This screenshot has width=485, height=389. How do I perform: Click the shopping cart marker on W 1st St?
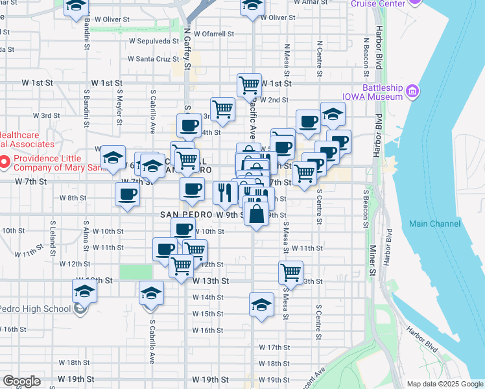249,84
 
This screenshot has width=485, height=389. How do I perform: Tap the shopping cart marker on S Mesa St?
291,272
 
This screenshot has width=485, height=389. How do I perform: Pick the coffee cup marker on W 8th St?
127,194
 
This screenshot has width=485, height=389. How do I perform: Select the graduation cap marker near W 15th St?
261,305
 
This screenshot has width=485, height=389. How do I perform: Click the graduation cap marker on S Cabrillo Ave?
151,294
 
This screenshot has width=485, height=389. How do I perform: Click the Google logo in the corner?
21,381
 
